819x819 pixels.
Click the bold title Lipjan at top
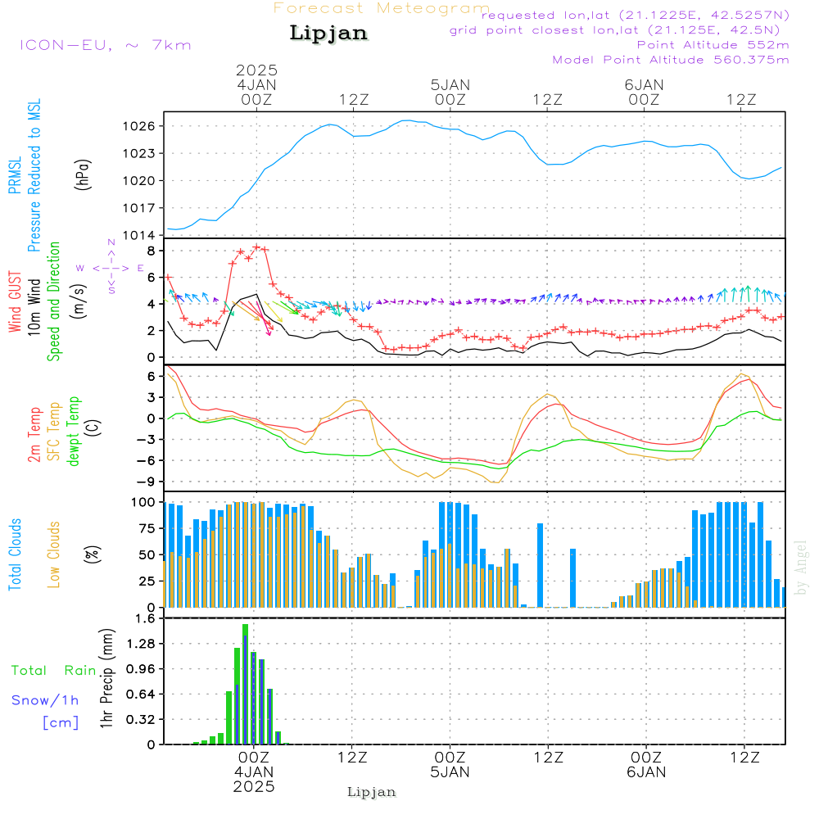[328, 34]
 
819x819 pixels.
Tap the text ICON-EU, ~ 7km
[106, 45]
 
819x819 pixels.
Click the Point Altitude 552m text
[713, 45]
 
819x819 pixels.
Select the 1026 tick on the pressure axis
[139, 126]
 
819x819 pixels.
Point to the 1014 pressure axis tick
[139, 235]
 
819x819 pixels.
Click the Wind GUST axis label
[15, 301]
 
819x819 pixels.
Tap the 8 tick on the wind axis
[152, 251]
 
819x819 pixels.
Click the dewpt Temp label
[73, 431]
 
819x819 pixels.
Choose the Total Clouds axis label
[15, 554]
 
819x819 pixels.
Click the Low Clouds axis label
[54, 554]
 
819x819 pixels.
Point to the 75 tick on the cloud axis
[147, 528]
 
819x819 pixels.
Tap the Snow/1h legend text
[45, 700]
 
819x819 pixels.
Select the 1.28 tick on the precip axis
[141, 644]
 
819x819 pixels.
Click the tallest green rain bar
[245, 684]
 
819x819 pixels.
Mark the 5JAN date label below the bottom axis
[450, 772]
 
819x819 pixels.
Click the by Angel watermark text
[800, 568]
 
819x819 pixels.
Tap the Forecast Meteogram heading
[382, 8]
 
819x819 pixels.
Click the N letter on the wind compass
[111, 242]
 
